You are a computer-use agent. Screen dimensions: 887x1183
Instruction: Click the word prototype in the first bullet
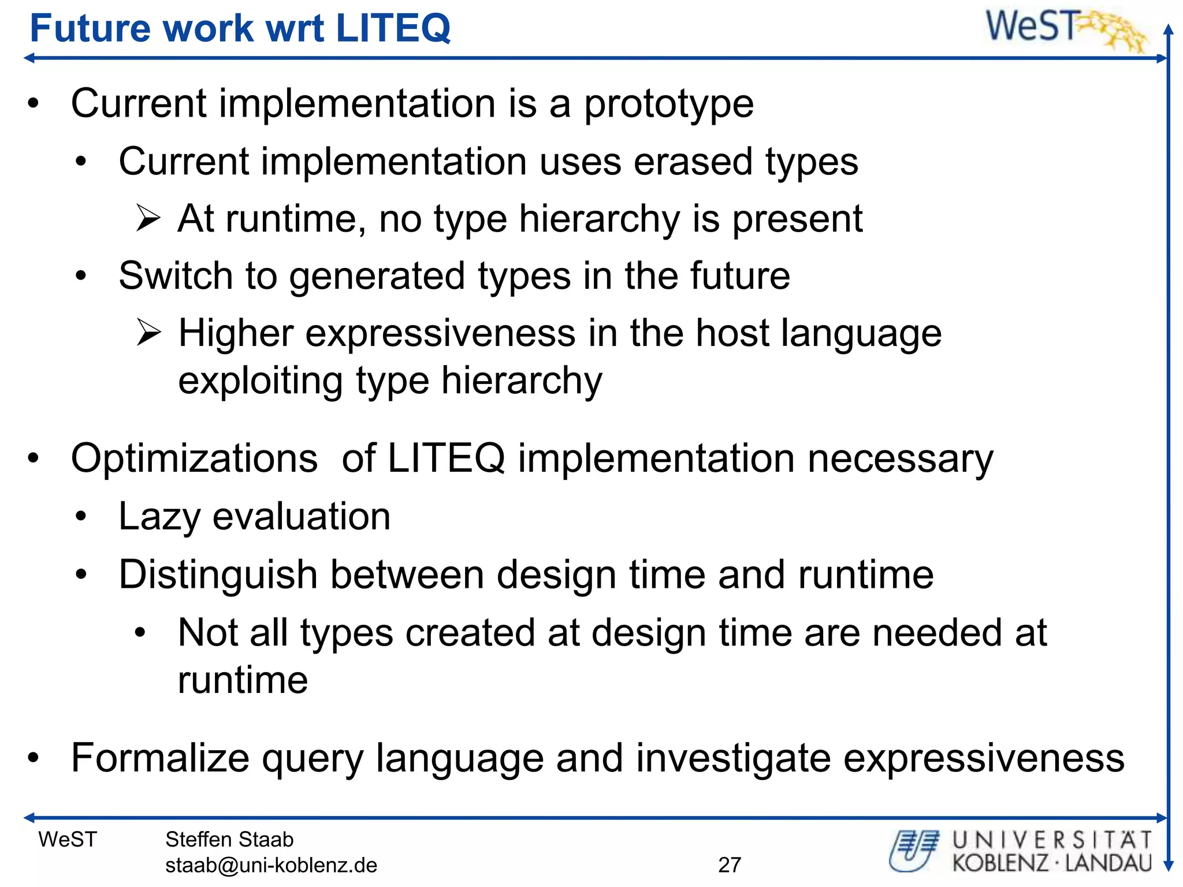668,105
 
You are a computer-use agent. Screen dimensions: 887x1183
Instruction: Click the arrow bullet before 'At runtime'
148,219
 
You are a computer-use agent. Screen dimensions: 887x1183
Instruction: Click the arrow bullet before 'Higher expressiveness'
148,333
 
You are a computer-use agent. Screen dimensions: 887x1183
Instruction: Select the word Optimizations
194,459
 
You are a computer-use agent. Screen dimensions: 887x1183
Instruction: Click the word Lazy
158,517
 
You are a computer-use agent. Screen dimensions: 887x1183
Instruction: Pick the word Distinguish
218,575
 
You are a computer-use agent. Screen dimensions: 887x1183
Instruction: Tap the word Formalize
159,758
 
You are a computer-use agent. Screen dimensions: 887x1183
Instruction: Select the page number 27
729,864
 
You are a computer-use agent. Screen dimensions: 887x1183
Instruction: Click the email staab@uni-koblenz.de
271,865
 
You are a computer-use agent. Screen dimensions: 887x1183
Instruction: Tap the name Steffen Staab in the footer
229,839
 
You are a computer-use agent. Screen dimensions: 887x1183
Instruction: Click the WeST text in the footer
68,839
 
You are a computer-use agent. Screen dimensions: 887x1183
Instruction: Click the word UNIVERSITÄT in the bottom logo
1052,840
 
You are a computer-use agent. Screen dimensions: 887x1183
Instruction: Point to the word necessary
900,459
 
